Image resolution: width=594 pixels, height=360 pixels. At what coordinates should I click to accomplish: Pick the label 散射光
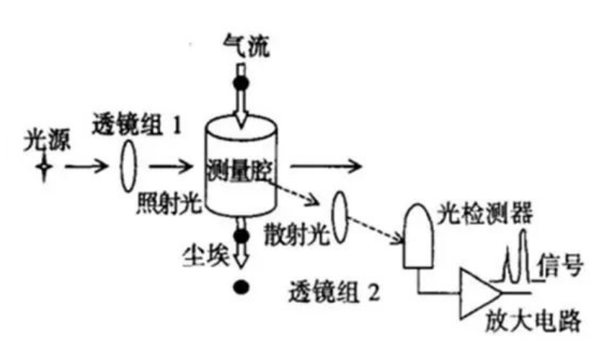(x=301, y=232)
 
